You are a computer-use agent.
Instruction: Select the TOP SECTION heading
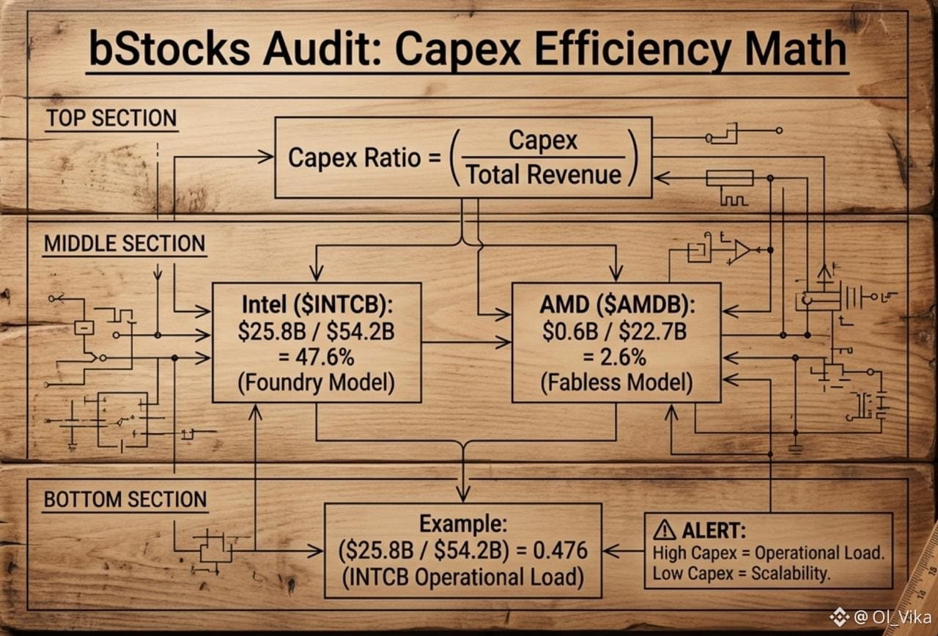point(111,118)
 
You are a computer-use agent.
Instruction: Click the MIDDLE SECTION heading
point(125,243)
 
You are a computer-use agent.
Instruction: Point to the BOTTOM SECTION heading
point(125,499)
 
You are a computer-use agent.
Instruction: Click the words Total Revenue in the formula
point(543,174)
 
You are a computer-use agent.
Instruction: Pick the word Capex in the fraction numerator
point(543,141)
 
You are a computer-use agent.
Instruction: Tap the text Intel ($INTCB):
point(317,304)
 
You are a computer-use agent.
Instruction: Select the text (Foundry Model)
point(317,382)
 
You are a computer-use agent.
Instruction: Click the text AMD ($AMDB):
point(617,304)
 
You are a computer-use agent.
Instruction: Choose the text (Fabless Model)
point(616,382)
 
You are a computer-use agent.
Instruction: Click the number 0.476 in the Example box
point(560,550)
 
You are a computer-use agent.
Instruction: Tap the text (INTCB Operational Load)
point(463,577)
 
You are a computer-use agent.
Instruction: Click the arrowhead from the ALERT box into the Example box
point(610,551)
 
